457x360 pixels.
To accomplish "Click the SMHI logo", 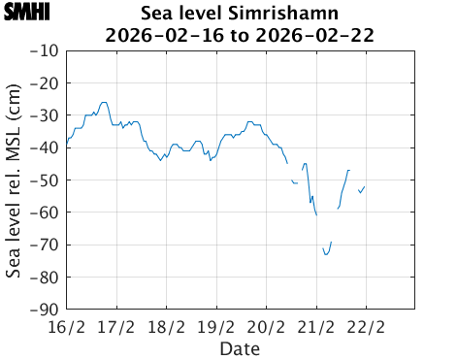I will pos(27,13).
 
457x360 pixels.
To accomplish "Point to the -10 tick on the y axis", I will pos(45,50).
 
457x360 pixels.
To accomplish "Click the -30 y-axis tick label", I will pos(45,115).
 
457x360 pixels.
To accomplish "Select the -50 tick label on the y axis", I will pos(45,180).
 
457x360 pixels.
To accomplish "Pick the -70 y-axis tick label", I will pos(45,245).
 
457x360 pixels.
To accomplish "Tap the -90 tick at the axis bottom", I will pos(45,310).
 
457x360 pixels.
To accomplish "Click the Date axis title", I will pos(240,347).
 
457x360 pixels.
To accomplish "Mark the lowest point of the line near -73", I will pos(327,254).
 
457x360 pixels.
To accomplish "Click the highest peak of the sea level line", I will pos(104,102).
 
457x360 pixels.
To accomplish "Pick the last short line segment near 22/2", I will pos(362,189).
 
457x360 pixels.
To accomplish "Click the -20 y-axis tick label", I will pos(45,83).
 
